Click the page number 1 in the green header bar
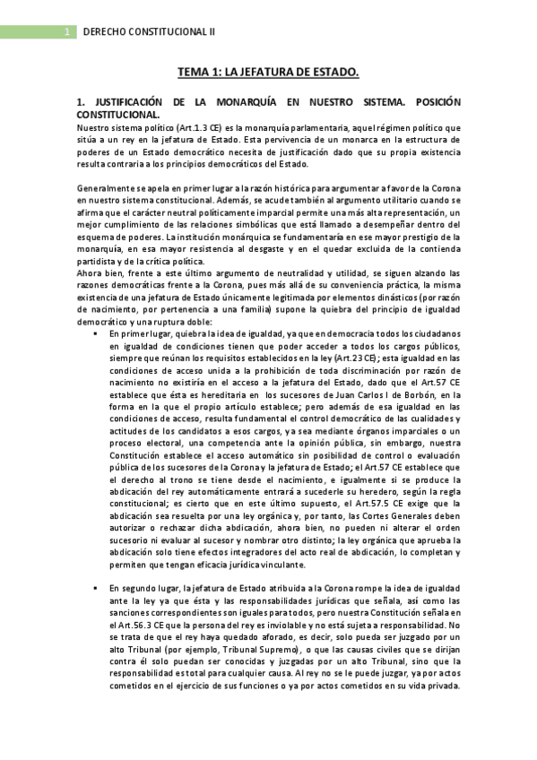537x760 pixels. (x=68, y=31)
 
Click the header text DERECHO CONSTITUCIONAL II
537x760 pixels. (x=149, y=31)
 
